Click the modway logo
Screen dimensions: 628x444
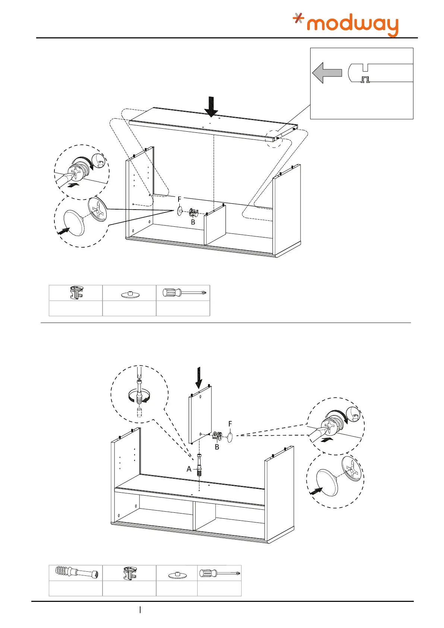(x=346, y=25)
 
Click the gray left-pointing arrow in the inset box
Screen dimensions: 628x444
(x=327, y=73)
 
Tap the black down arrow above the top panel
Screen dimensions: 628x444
(x=211, y=106)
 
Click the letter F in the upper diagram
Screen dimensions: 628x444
(x=179, y=200)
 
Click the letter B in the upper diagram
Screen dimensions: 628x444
(x=193, y=222)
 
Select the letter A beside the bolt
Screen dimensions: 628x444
(x=189, y=469)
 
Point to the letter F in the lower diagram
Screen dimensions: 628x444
(x=230, y=424)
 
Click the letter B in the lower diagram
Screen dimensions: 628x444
(x=217, y=447)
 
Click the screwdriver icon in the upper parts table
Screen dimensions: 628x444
(x=185, y=293)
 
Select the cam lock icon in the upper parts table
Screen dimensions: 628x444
(x=76, y=293)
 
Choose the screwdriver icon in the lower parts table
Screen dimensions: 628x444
(x=219, y=573)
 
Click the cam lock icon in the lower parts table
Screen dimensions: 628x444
(x=129, y=573)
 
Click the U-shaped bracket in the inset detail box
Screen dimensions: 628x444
(x=365, y=79)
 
